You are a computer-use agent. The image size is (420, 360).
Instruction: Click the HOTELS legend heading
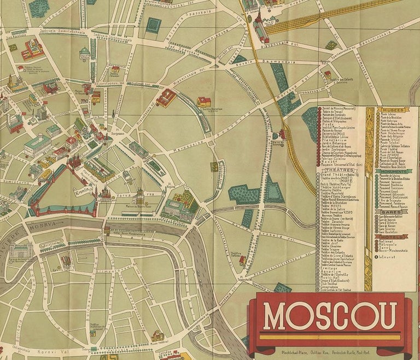coord(392,237)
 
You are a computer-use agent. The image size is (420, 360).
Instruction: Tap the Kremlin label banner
coord(83,192)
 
